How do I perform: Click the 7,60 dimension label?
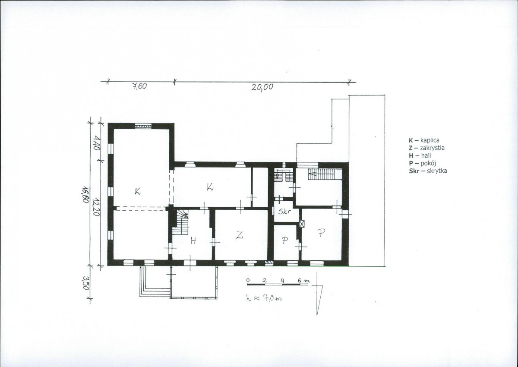pyautogui.click(x=139, y=86)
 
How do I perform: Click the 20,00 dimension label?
pyautogui.click(x=262, y=87)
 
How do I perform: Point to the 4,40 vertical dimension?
pyautogui.click(x=97, y=143)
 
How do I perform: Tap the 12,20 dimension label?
pyautogui.click(x=96, y=207)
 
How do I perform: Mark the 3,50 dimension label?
pyautogui.click(x=85, y=283)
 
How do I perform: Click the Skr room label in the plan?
pyautogui.click(x=284, y=212)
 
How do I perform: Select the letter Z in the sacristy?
pyautogui.click(x=239, y=235)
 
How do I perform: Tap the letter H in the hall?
pyautogui.click(x=193, y=241)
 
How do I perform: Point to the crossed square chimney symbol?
pyautogui.click(x=302, y=224)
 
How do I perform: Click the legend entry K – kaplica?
pyautogui.click(x=424, y=140)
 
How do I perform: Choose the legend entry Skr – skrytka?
pyautogui.click(x=428, y=171)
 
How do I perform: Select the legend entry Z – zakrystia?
pyautogui.click(x=426, y=148)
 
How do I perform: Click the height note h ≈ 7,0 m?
pyautogui.click(x=264, y=298)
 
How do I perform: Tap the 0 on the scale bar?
pyautogui.click(x=248, y=280)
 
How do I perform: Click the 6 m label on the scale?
pyautogui.click(x=303, y=281)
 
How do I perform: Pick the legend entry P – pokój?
pyautogui.click(x=422, y=163)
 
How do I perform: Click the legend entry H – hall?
pyautogui.click(x=420, y=155)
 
